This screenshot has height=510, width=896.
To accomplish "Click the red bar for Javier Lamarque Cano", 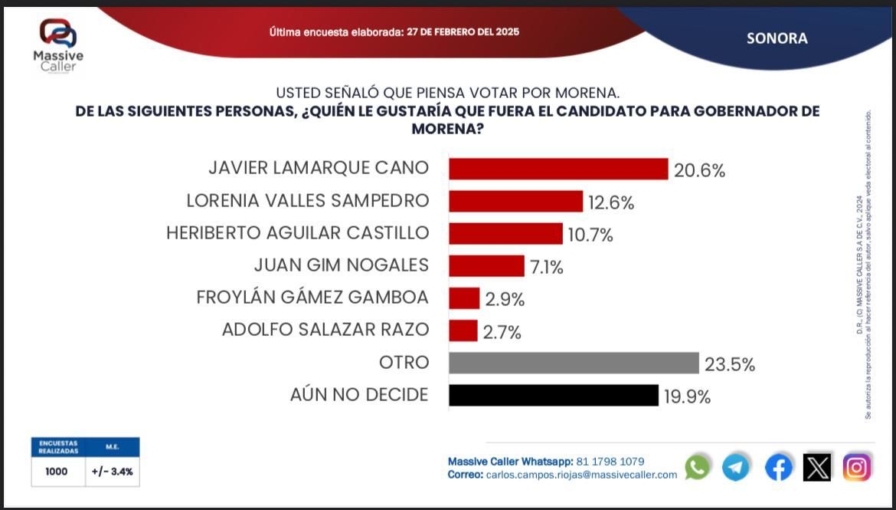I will coord(558,169).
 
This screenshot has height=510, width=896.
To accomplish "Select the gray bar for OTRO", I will coord(574,363).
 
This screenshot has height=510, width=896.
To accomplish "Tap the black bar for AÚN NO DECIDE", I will coord(553,395).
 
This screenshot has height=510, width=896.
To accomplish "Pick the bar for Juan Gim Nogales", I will coord(486,265).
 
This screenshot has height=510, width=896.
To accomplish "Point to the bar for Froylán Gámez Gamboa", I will coord(464,298).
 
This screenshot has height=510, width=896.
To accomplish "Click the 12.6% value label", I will coord(611,202).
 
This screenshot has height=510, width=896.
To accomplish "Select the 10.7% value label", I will coord(590,235).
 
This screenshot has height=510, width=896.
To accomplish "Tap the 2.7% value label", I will coord(502,332).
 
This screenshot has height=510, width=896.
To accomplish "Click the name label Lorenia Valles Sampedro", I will coord(307,201).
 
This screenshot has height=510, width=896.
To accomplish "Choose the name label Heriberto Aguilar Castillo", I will coord(297,233).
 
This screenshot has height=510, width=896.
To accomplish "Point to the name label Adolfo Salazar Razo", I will coord(325,330).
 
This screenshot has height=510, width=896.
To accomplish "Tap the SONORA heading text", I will coord(777,38).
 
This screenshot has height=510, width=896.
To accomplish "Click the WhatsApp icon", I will coord(697,466).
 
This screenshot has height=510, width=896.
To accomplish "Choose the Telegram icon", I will coord(736,466).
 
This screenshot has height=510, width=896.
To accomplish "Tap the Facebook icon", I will coord(779,466).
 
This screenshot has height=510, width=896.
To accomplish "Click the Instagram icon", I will coord(857,466).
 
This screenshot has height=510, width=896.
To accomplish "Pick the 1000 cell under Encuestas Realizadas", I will coord(57,472).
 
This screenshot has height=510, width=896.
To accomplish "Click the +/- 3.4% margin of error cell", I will coord(112,472).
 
